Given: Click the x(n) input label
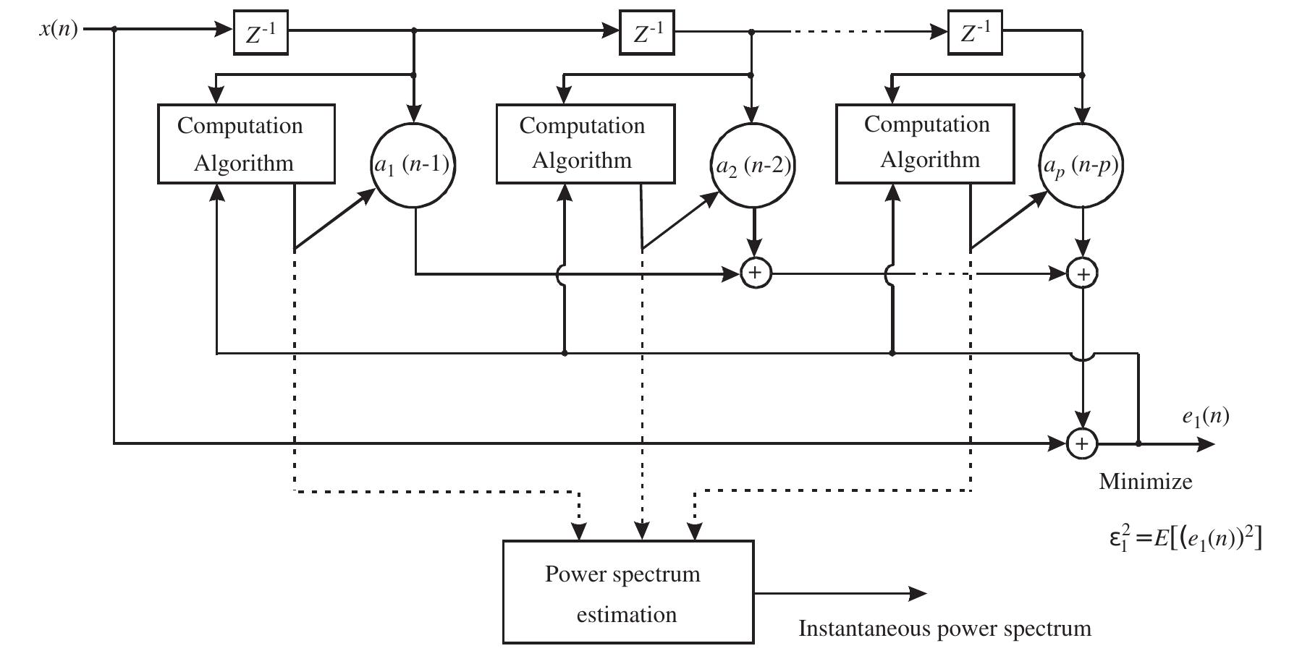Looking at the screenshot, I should (x=59, y=30).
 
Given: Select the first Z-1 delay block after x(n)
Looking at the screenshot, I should (x=261, y=33).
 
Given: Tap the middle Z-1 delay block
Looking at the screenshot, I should (x=647, y=33).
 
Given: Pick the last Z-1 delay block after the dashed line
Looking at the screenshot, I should (x=975, y=33).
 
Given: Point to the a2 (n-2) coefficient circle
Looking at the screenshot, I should (x=753, y=166).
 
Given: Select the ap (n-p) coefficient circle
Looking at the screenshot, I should (x=1081, y=166).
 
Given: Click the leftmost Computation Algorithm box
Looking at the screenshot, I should (x=246, y=144).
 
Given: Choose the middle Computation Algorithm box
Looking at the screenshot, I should (x=585, y=143).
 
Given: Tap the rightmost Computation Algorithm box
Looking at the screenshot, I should (x=925, y=143).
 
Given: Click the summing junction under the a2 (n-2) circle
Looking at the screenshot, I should (x=755, y=273).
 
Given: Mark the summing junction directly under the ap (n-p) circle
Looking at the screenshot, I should (x=1082, y=274).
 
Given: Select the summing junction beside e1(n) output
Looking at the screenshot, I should (x=1082, y=443).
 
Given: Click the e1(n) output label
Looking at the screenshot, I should (x=1205, y=417).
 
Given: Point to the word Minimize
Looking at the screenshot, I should (x=1145, y=482).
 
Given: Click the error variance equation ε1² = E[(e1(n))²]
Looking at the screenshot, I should (x=1185, y=539).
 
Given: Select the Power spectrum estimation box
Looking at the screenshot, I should (x=627, y=592).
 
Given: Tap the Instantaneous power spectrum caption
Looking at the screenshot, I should (x=944, y=629).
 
